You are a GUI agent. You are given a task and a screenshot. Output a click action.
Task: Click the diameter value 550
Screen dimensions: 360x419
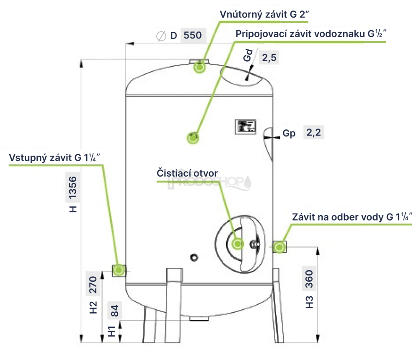tap(193, 36)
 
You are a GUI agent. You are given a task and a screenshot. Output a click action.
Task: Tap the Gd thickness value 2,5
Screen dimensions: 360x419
tap(269, 58)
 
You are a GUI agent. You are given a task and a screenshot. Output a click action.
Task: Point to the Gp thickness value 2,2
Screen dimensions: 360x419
tap(313, 133)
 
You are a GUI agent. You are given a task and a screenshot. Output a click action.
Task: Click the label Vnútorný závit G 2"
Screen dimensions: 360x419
tap(264, 14)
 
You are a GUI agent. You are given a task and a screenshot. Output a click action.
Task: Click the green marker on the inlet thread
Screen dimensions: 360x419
tap(119, 270)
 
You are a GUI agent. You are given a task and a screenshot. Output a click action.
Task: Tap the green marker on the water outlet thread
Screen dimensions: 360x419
tap(279, 247)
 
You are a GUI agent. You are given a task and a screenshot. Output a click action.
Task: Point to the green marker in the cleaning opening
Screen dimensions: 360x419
tap(238, 244)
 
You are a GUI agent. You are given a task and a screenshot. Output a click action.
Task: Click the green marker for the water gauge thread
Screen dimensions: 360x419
tap(193, 137)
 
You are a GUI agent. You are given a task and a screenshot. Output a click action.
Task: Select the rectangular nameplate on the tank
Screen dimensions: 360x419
tap(246, 126)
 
